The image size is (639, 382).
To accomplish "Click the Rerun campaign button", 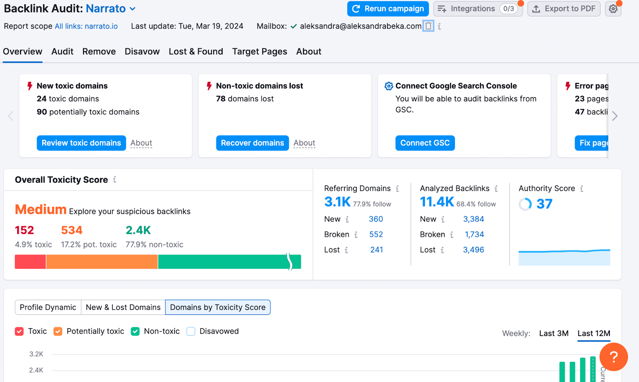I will (x=388, y=9).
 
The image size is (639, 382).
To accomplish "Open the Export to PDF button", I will (x=564, y=9).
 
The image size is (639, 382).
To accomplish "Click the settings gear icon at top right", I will (x=613, y=9).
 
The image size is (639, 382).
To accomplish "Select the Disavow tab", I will (x=142, y=51).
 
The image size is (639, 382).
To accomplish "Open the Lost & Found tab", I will (x=196, y=51).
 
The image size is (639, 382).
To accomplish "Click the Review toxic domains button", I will (x=81, y=143).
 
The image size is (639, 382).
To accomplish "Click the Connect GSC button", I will (x=425, y=143).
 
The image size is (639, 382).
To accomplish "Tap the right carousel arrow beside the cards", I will (x=615, y=116).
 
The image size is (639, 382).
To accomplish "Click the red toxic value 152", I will (x=24, y=230).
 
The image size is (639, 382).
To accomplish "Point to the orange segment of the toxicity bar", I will (x=102, y=262).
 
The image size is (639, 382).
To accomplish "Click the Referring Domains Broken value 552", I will (x=376, y=234).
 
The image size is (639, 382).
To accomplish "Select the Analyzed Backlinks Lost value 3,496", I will (x=473, y=250).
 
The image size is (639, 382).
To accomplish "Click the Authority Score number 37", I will (x=544, y=204).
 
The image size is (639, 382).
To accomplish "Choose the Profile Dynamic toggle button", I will (x=48, y=307).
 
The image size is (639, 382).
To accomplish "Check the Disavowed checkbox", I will (x=191, y=331).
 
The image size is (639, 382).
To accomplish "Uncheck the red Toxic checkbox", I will (x=19, y=331).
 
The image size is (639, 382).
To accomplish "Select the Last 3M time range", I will (x=554, y=333).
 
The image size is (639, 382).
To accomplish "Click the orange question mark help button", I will (x=613, y=357).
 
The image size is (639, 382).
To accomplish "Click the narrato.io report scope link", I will (x=86, y=26).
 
